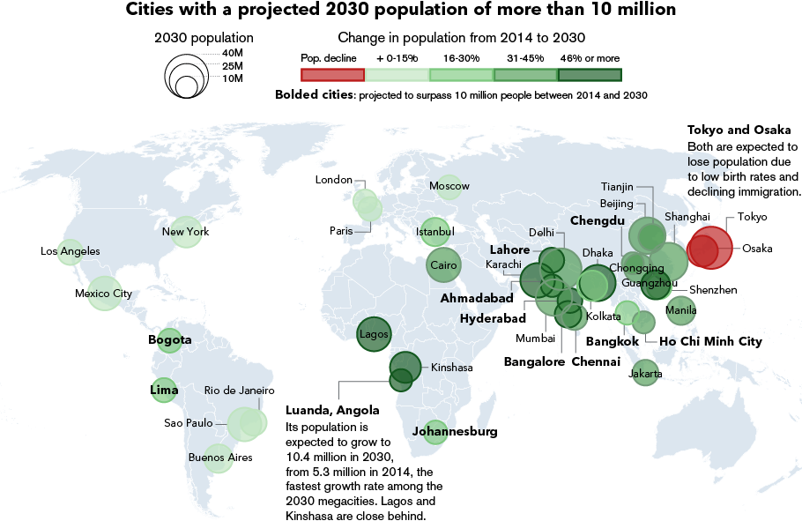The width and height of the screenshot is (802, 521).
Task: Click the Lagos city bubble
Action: [x=374, y=335]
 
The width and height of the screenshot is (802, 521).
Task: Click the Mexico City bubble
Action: [x=104, y=294]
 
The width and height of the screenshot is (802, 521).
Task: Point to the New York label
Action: [x=185, y=232]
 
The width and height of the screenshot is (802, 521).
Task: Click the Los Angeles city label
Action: [x=71, y=251]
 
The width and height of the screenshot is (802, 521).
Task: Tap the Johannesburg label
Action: [x=455, y=432]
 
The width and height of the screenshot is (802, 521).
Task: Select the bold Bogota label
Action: [x=170, y=339]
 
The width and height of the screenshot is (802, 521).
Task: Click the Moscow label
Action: [x=449, y=186]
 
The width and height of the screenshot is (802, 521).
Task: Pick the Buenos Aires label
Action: [x=220, y=458]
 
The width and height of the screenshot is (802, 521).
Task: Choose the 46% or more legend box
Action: [x=590, y=74]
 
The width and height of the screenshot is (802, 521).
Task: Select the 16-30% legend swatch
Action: [x=461, y=74]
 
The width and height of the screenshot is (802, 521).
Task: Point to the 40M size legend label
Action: [x=232, y=53]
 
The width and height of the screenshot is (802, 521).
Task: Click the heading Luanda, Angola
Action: [x=332, y=410]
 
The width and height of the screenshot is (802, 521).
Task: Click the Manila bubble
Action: [x=681, y=309]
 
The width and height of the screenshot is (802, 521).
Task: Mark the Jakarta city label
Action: [x=646, y=374]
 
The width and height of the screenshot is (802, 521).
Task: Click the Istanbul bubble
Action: [x=434, y=231]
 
